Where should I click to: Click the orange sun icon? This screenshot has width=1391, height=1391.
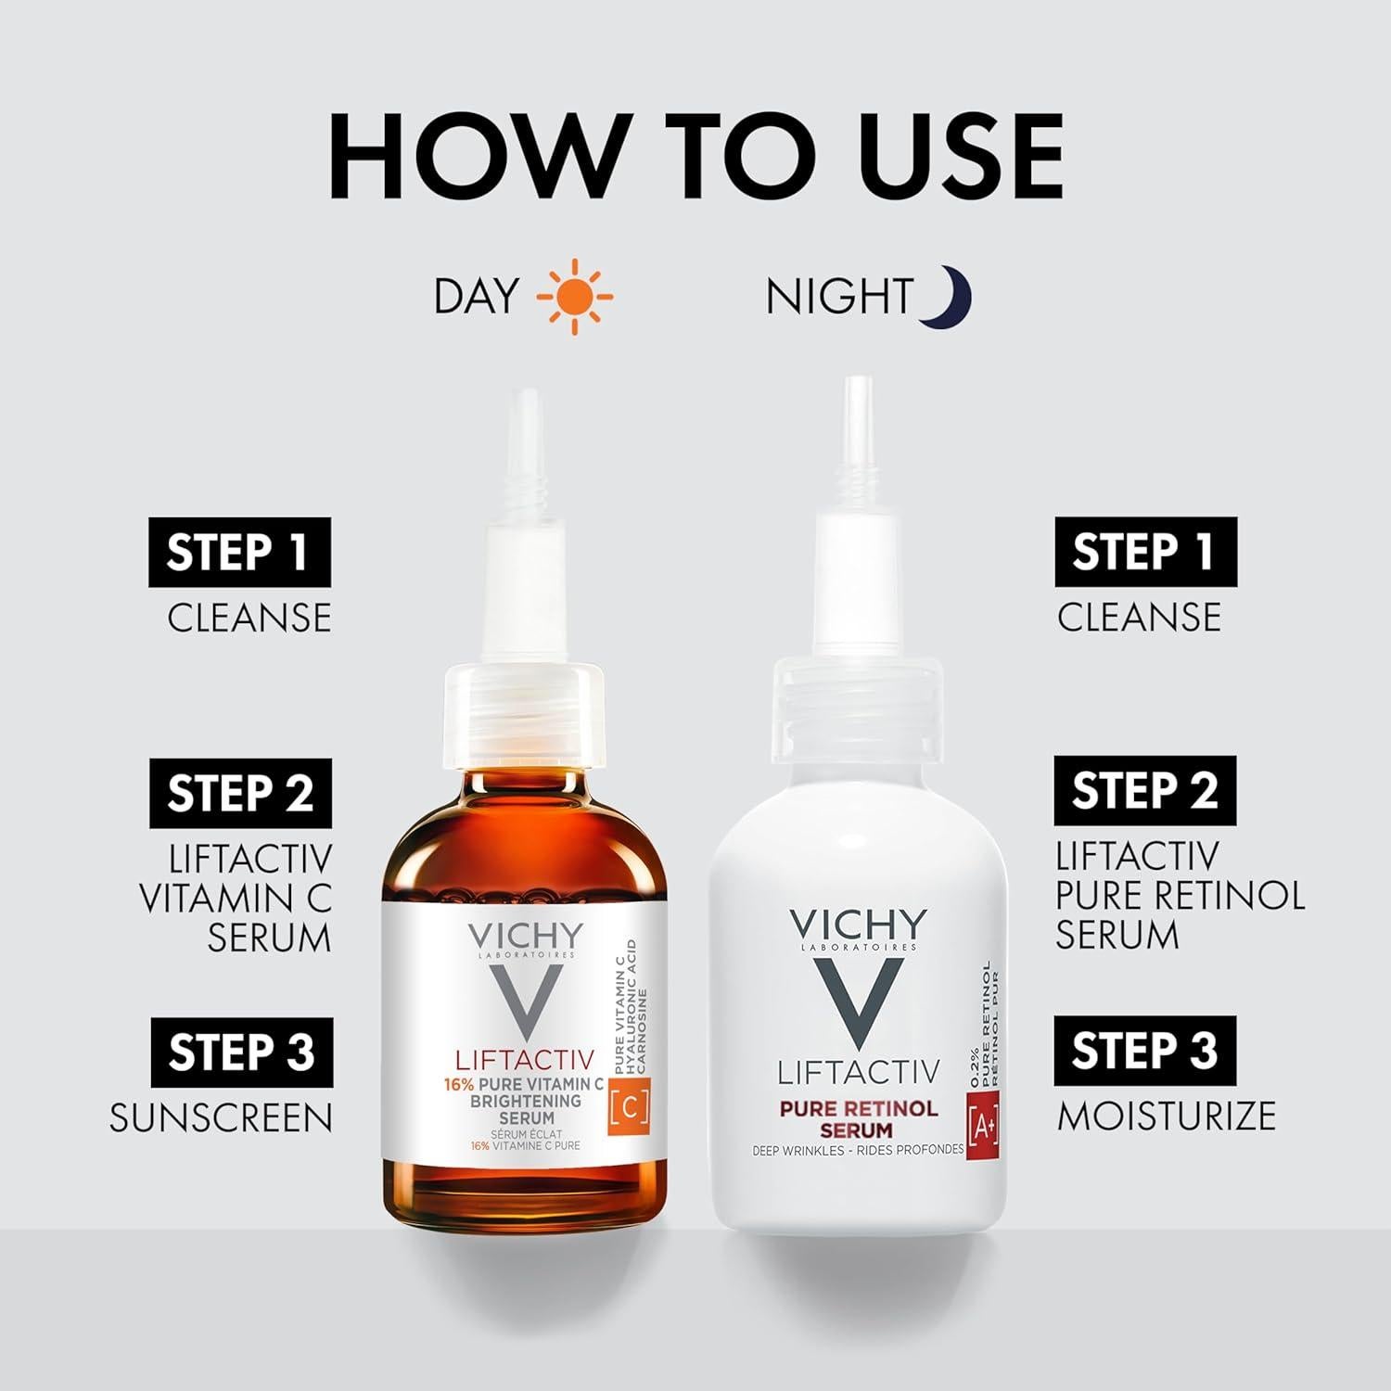pos(575,297)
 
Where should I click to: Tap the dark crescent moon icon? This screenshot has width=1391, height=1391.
pos(948,297)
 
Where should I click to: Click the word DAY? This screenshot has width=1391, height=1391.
pos(477,297)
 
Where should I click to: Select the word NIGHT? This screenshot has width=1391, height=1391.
pos(839,297)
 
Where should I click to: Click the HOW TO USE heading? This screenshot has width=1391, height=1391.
pos(695,155)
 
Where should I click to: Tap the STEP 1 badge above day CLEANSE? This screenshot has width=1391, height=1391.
pos(239,553)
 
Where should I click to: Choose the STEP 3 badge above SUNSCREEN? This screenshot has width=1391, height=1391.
pos(241,1053)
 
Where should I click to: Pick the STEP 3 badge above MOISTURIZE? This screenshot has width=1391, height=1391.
pos(1144,1051)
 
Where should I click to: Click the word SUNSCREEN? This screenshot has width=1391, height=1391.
pos(221,1118)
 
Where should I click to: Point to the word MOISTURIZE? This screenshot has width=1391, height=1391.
pos(1167,1116)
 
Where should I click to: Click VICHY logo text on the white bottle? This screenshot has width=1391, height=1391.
pos(858,924)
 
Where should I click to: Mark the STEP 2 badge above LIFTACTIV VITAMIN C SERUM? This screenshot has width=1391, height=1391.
pos(240,794)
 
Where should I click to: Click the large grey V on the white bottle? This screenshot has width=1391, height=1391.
pos(858,1006)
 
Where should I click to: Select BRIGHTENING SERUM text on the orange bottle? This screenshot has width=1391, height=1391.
pos(525,1109)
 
